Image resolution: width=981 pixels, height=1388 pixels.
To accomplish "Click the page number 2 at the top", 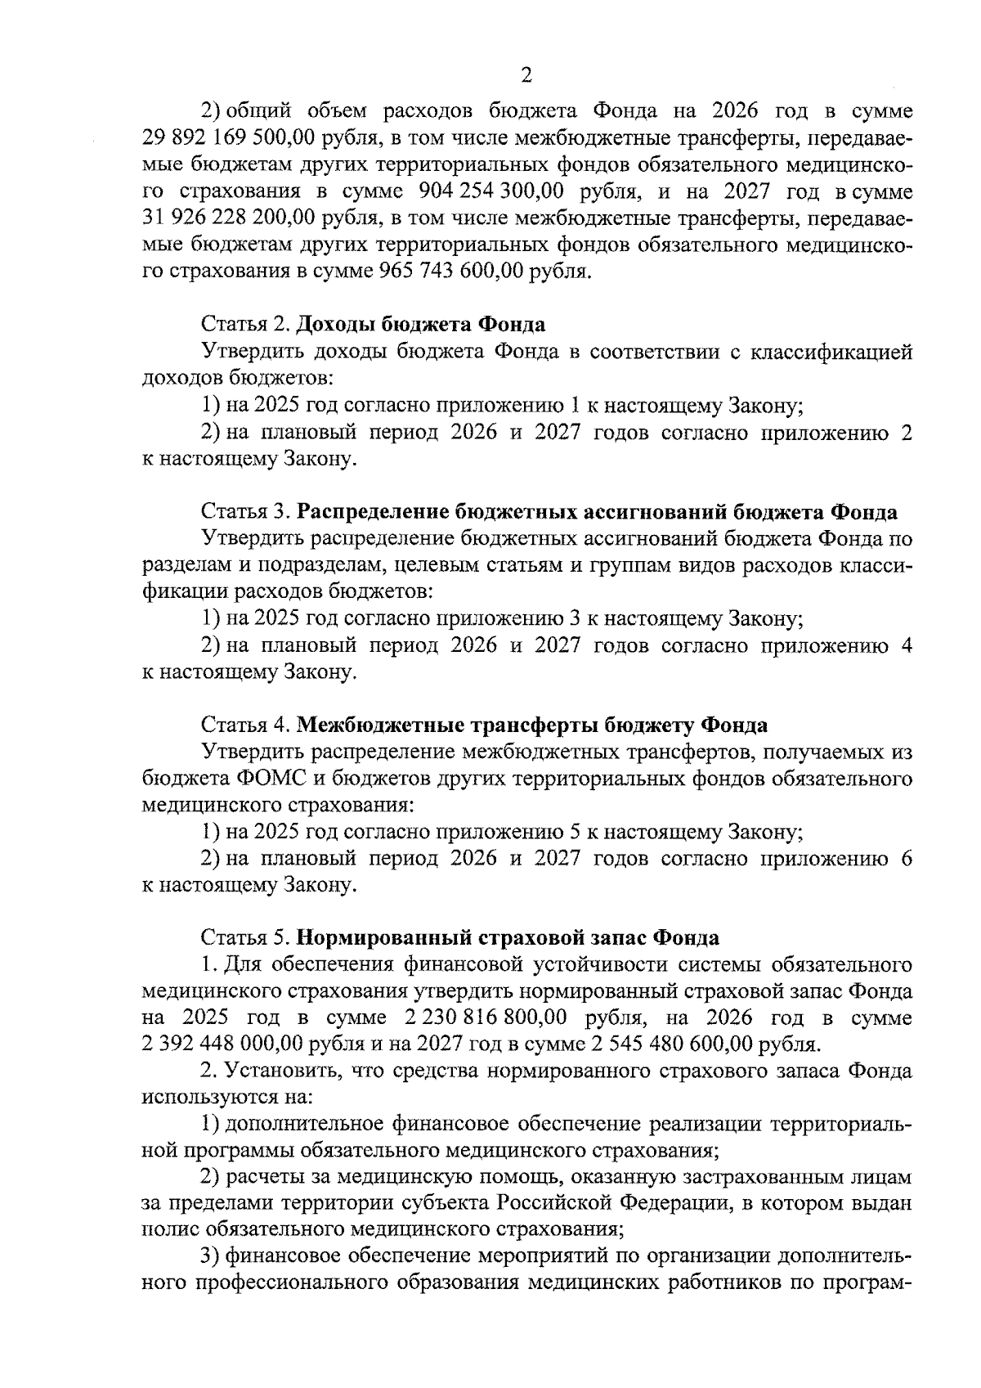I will [x=526, y=75].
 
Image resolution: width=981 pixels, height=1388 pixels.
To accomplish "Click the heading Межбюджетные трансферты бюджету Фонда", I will [x=531, y=725].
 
